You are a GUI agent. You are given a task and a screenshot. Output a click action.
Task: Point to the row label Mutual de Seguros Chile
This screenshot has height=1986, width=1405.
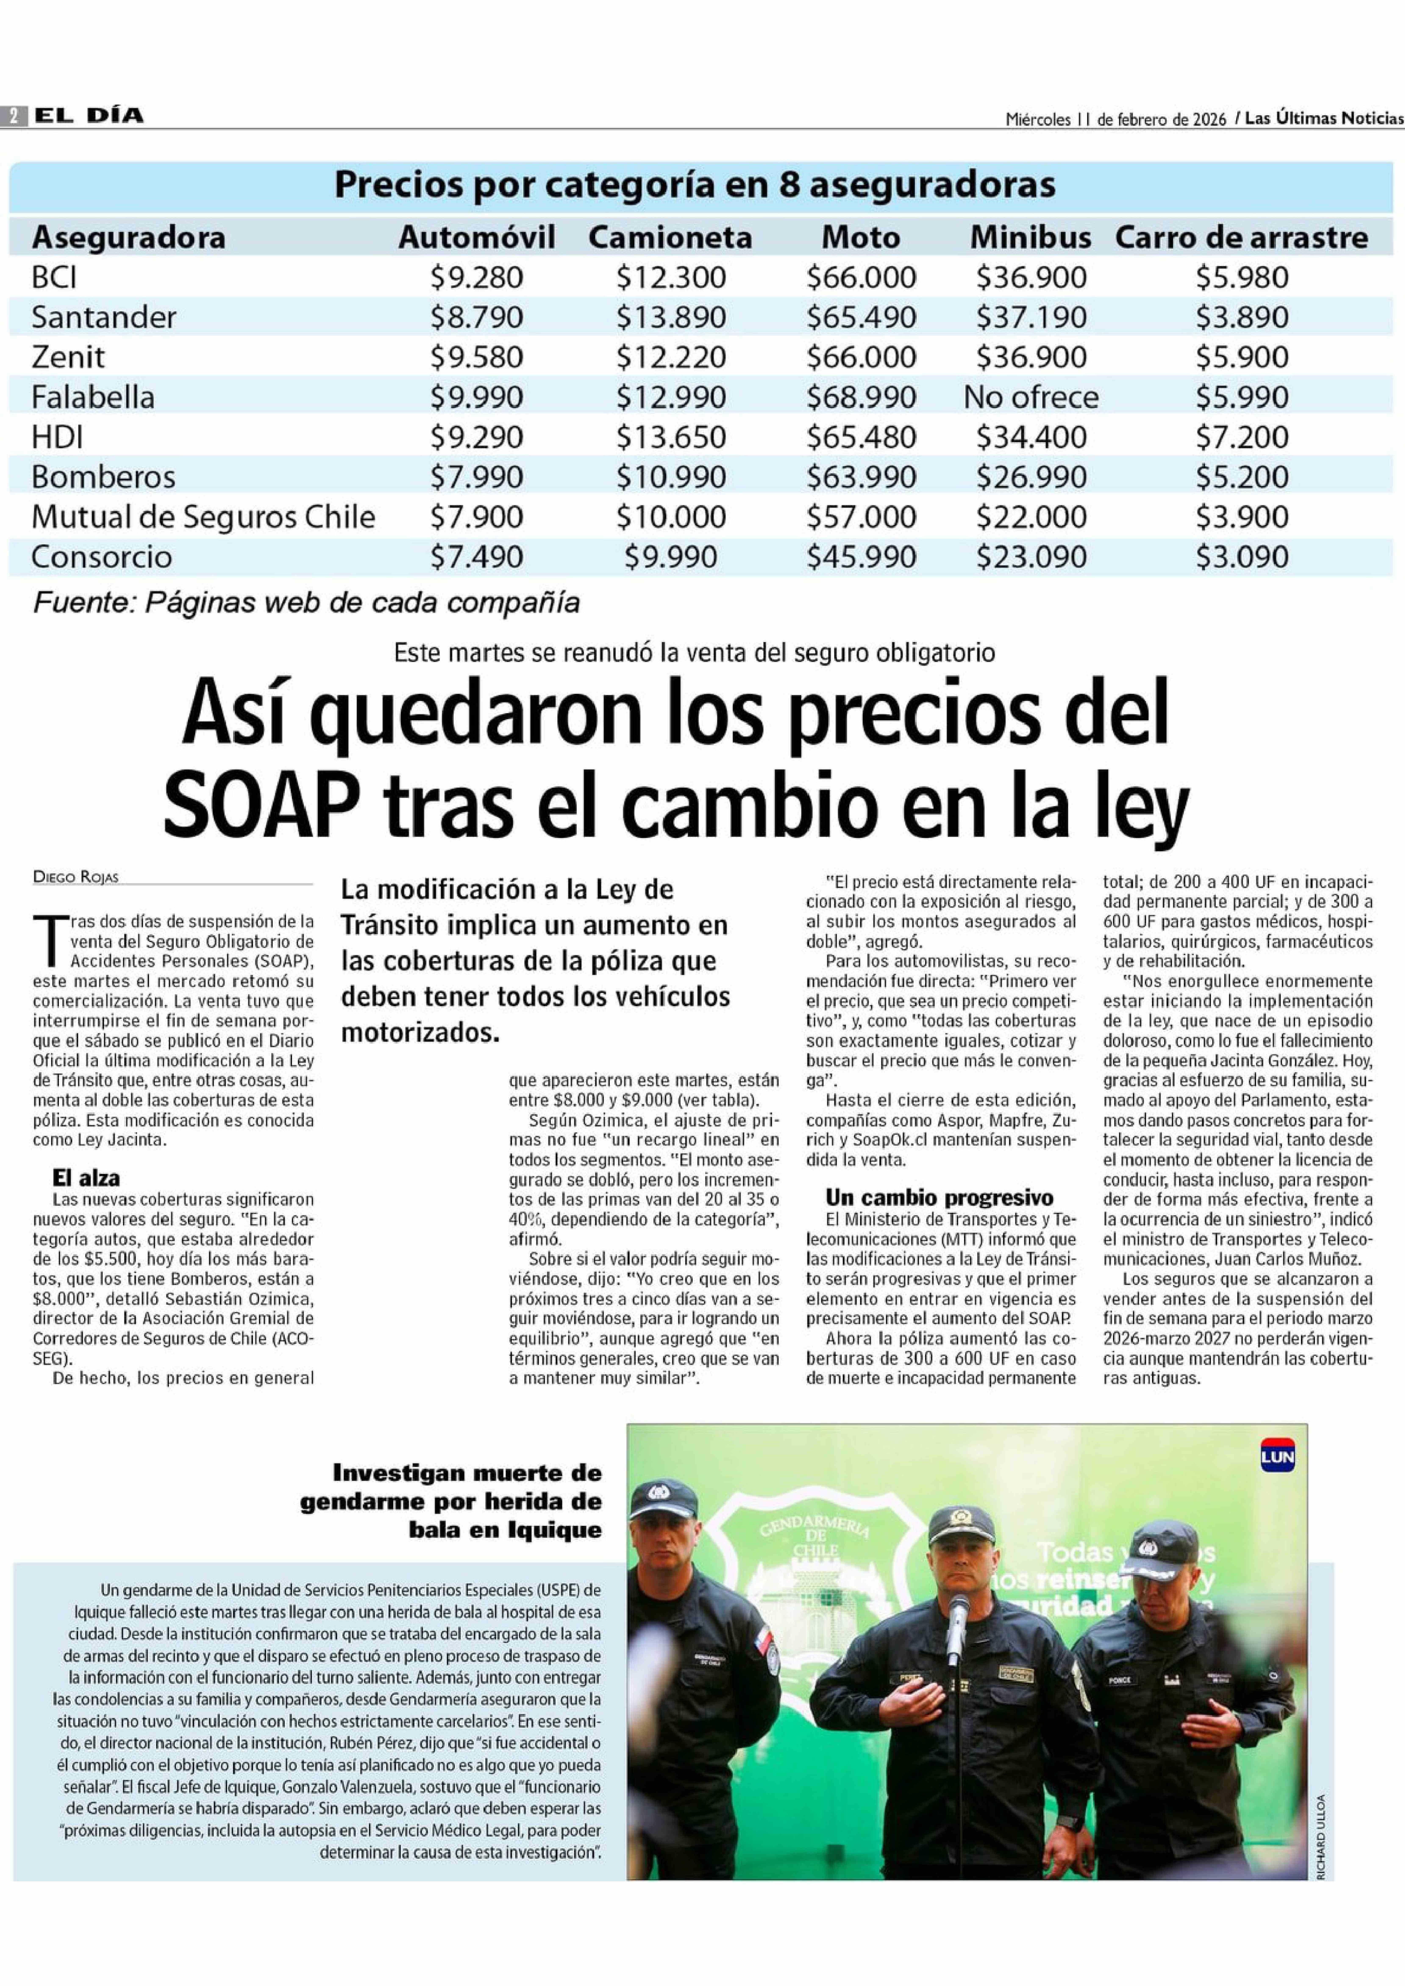tap(203, 517)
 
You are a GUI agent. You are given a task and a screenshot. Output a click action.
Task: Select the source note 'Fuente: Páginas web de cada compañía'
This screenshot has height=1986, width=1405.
tap(305, 603)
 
